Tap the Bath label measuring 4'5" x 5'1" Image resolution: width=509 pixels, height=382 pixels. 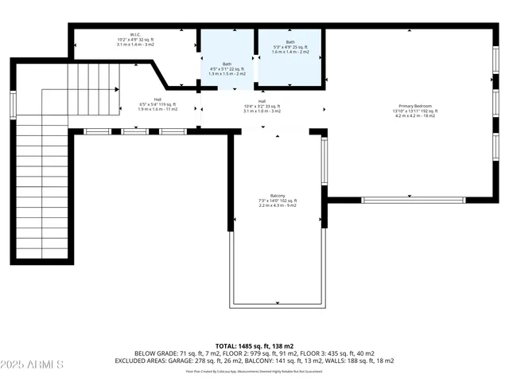tap(227, 64)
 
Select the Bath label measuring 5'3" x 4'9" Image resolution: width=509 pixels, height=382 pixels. tap(290, 42)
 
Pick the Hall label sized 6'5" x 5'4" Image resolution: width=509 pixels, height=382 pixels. tap(157, 99)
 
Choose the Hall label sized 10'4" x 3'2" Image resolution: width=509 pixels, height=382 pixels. tap(262, 101)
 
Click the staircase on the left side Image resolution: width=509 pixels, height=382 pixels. tap(44, 183)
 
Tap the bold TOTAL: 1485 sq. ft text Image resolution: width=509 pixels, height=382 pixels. tap(254, 346)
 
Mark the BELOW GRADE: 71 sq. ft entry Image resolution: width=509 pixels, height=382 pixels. tap(165, 353)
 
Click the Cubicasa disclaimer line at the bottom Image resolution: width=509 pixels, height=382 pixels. tap(254, 371)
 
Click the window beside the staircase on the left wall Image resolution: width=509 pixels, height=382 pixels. tap(13, 104)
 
